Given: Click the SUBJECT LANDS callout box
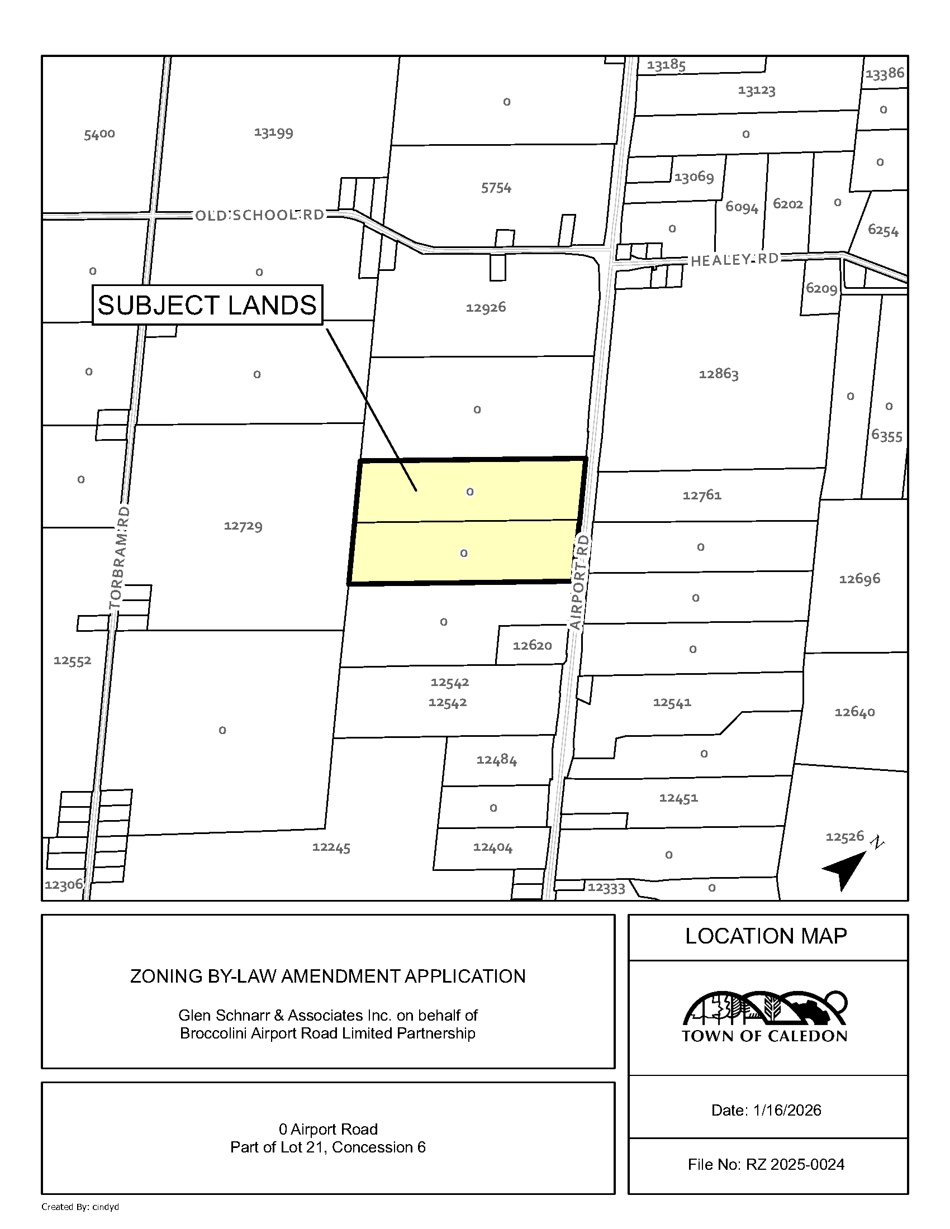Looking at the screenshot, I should pos(207,305).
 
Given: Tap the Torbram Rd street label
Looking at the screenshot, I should pos(120,557).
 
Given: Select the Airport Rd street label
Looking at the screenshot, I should pos(579,582).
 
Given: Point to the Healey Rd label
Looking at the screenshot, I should pos(734,259).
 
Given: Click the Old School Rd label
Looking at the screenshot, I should pos(259,215).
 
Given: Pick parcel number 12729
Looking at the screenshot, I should pos(243,526).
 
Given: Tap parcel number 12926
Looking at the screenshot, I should pos(486,307).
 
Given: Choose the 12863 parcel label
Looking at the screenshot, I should pos(718,374).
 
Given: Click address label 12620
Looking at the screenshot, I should pos(532,645).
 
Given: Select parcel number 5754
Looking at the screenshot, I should pos(496,187).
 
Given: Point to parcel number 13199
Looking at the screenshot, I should pos(273,132).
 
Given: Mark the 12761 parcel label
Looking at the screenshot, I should pos(702,495).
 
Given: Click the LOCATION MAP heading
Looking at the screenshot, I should pos(766,936).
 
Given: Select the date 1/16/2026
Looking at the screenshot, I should pos(787,1109).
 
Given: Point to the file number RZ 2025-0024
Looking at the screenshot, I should pos(795,1164).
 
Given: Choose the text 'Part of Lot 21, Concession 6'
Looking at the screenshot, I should pos(327,1147).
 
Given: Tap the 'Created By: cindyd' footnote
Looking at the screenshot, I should pos(80,1207).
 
